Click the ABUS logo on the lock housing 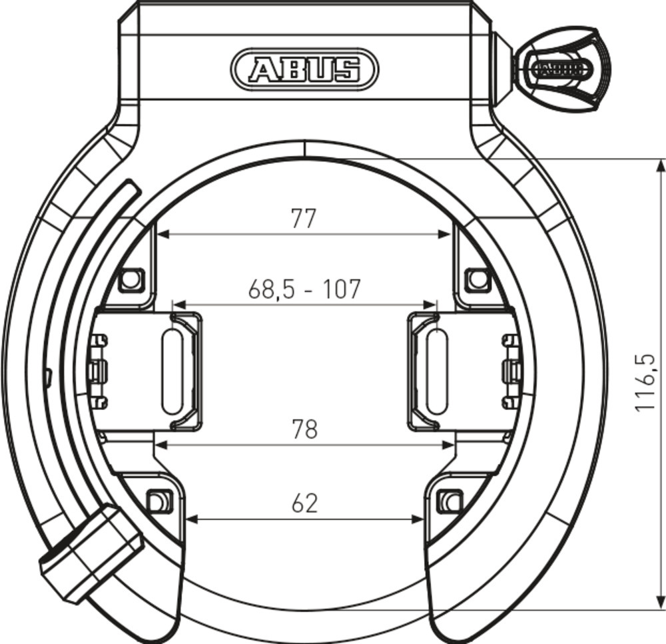(304, 69)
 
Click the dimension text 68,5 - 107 (304, 289)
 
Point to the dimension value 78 (304, 429)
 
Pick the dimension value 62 (304, 503)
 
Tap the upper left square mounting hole (131, 279)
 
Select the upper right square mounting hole (477, 279)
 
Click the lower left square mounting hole (158, 499)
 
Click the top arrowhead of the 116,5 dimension (660, 166)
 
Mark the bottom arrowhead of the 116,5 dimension (660, 603)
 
